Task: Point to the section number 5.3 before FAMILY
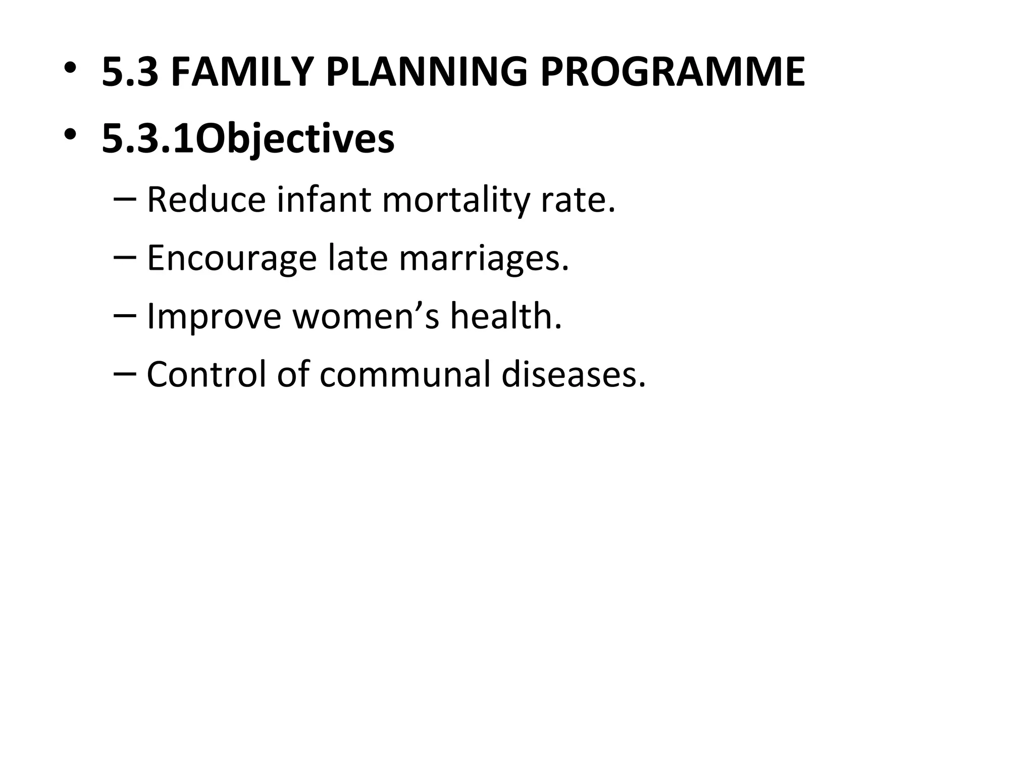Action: click(x=130, y=72)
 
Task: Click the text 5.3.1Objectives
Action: click(x=248, y=138)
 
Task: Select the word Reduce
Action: click(x=206, y=200)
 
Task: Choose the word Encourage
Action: click(x=232, y=258)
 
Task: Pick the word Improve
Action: click(x=214, y=316)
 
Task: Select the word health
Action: click(x=505, y=316)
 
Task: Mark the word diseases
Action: click(x=573, y=374)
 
